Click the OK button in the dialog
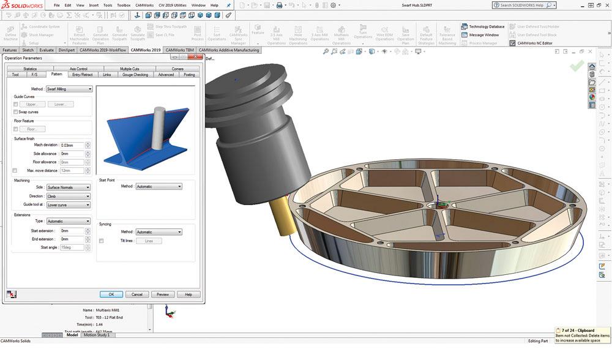tap(111, 294)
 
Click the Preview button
tap(162, 294)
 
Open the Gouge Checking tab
tap(135, 75)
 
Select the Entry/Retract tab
tap(82, 75)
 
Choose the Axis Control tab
tap(78, 69)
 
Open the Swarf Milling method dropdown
tap(69, 89)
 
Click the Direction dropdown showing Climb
tap(69, 196)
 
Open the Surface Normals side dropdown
tap(69, 187)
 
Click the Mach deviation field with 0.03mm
tap(72, 145)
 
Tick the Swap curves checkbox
tap(15, 112)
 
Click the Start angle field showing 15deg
tap(72, 247)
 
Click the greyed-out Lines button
tap(149, 241)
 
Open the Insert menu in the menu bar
tap(94, 5)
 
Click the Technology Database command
tap(487, 27)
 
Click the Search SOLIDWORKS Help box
tap(523, 6)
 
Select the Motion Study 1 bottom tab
tap(97, 335)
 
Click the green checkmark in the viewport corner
tap(576, 66)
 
